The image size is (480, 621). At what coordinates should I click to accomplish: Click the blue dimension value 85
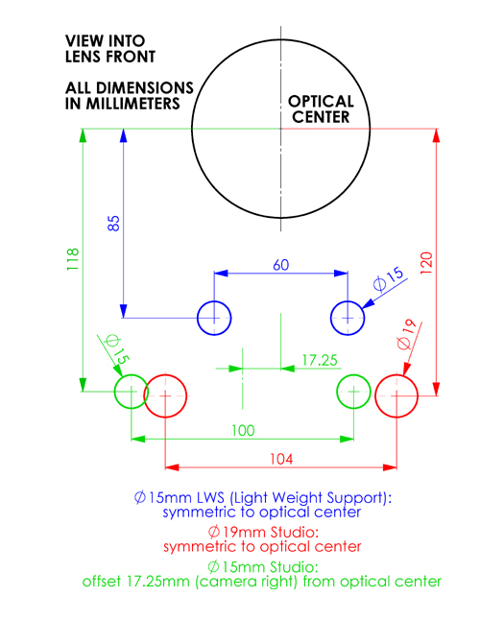click(x=113, y=224)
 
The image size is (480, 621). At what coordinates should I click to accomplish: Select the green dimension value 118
click(x=73, y=259)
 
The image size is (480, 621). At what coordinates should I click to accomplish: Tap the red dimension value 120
click(x=426, y=263)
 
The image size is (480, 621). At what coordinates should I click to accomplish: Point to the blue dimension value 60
click(x=280, y=265)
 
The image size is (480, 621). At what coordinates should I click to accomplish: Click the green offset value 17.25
click(x=320, y=360)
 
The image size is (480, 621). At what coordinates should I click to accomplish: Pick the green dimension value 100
click(x=243, y=431)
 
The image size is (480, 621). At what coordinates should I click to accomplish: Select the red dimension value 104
click(x=281, y=460)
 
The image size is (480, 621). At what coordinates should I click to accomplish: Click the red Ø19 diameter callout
click(x=407, y=335)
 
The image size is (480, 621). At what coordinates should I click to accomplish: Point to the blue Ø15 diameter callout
click(x=389, y=278)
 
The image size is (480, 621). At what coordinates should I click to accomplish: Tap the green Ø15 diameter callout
click(x=116, y=348)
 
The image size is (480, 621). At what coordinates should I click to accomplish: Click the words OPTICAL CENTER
click(x=321, y=109)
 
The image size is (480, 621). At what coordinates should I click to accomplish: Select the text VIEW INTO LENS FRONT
click(x=110, y=49)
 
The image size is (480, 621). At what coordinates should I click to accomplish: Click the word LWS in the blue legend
click(x=210, y=497)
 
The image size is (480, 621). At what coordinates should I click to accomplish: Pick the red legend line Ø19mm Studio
click(x=263, y=532)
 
